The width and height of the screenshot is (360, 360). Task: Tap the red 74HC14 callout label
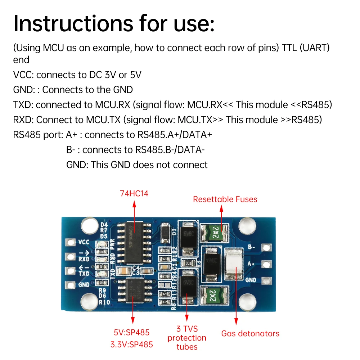pos(134,194)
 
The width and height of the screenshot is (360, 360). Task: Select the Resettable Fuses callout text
pos(225,199)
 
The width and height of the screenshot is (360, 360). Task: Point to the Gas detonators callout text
pos(250,333)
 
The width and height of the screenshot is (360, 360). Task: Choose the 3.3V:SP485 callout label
pos(132,345)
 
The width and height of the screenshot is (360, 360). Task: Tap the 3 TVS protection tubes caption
pos(187,338)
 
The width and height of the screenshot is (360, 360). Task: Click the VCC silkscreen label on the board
pos(84,242)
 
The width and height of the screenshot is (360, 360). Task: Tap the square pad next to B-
pos(266,247)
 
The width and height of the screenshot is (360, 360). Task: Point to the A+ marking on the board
pos(251,264)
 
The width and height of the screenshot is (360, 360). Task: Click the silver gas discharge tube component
pos(234,264)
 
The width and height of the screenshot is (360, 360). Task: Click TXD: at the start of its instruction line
pos(23,105)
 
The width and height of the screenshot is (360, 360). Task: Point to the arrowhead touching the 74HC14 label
pos(134,204)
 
